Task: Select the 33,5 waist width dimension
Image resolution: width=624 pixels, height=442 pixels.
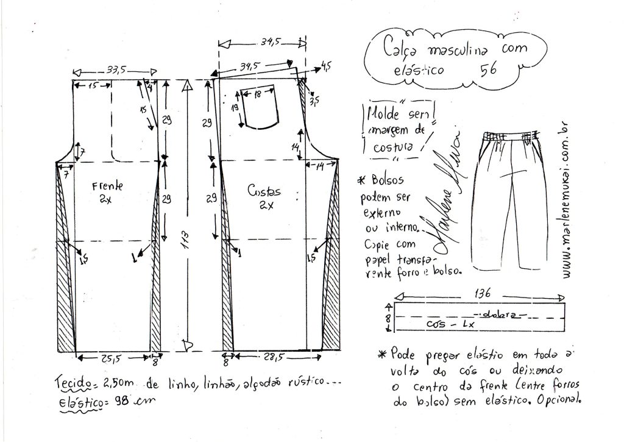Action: click(113, 70)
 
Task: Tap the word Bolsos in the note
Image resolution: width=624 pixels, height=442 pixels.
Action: click(386, 182)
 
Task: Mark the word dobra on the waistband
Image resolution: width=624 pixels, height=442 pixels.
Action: click(497, 315)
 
